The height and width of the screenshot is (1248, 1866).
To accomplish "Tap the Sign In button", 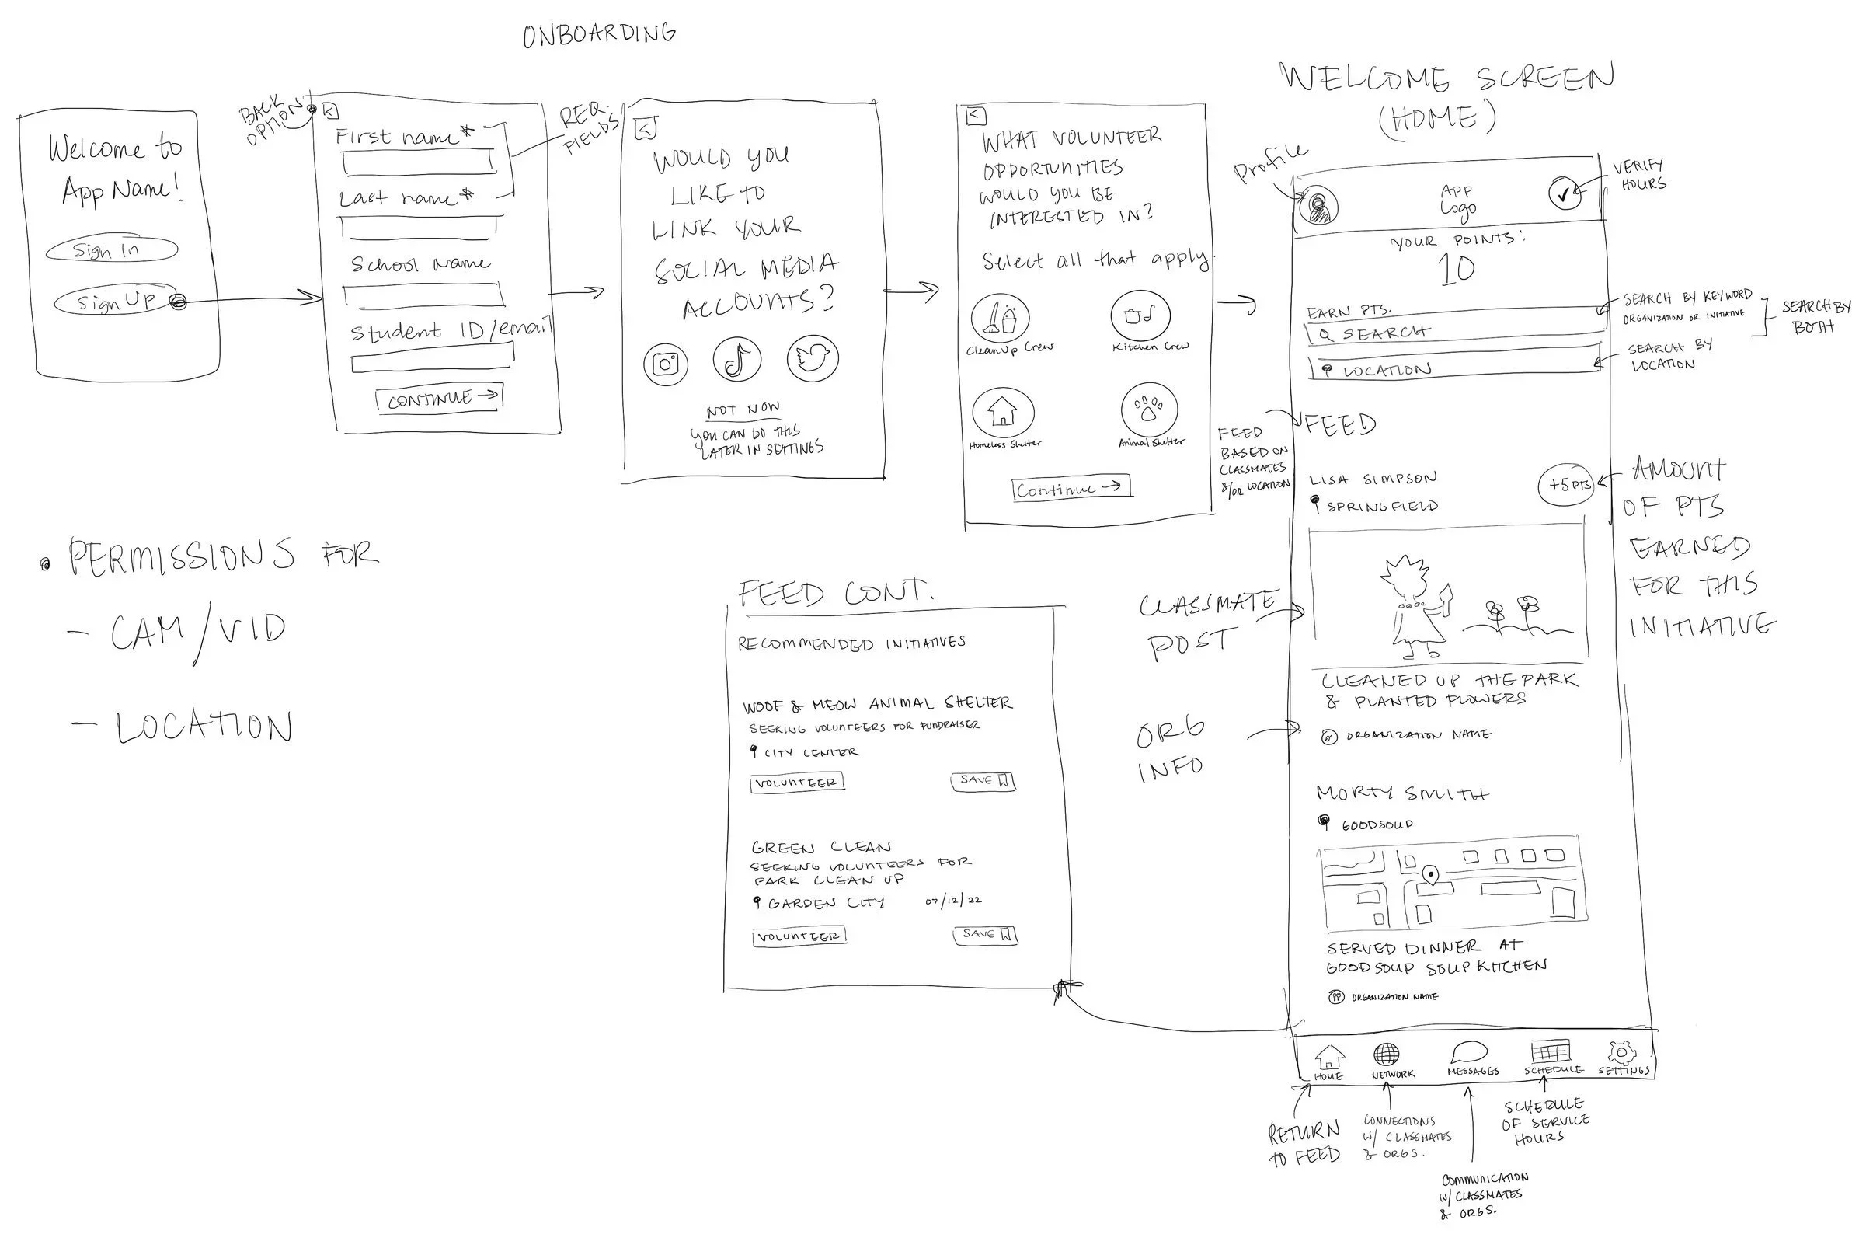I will [x=110, y=250].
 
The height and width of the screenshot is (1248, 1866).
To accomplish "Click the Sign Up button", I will [x=117, y=301].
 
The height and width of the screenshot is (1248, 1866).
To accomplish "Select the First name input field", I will [x=419, y=162].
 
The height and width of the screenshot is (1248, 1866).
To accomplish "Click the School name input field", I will [x=423, y=295].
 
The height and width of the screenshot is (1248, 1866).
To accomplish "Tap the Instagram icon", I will [x=665, y=364].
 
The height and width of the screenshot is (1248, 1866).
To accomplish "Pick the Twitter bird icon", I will [x=812, y=359].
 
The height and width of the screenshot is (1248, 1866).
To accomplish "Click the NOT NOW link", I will [x=743, y=410].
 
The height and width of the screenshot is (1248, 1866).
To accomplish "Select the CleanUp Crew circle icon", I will [x=1001, y=319].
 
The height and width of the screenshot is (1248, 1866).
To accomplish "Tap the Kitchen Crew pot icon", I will [x=1140, y=316].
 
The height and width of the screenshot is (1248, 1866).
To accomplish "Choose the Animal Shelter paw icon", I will [x=1148, y=410].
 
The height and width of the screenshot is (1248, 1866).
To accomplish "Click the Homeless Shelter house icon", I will [x=1003, y=413].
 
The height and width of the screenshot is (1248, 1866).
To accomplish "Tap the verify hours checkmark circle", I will [x=1565, y=193].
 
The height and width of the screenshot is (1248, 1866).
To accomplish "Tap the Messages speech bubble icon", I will [x=1468, y=1053].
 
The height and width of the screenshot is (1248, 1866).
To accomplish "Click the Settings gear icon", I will [x=1621, y=1052].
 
